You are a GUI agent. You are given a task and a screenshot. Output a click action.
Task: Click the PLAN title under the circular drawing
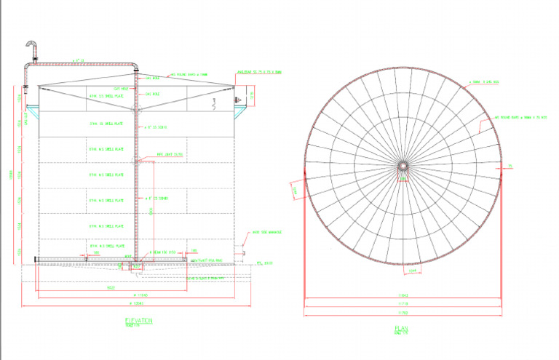[401, 329]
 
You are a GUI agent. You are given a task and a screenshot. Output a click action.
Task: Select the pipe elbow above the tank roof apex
[135, 67]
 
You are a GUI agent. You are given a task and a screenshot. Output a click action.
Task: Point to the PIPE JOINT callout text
[168, 154]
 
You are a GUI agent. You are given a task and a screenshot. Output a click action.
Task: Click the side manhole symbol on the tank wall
[241, 252]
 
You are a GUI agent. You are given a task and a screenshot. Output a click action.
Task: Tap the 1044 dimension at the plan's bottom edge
[411, 271]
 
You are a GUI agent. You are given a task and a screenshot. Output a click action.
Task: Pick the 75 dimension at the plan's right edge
[510, 167]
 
